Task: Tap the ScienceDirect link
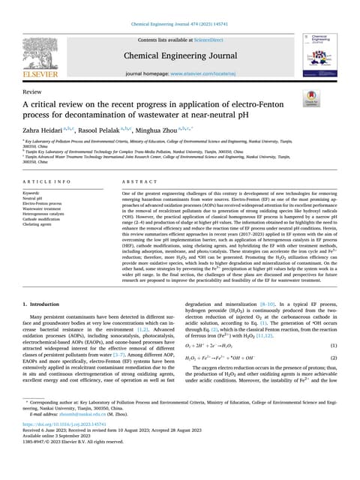(212, 38)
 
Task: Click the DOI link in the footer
(65, 444)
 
